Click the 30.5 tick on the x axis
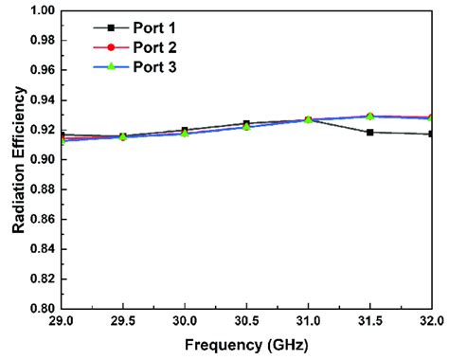pyautogui.click(x=246, y=322)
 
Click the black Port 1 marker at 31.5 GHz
pyautogui.click(x=369, y=132)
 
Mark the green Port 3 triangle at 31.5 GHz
pyautogui.click(x=369, y=116)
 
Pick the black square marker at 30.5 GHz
pyautogui.click(x=246, y=123)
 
